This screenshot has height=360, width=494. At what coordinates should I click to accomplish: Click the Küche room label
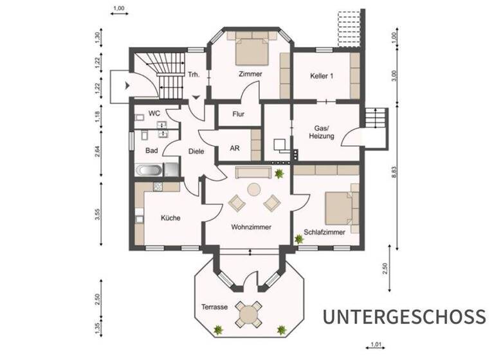click(170, 218)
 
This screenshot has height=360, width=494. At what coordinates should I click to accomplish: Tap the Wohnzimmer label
click(252, 227)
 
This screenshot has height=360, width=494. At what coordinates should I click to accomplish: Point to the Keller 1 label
click(322, 75)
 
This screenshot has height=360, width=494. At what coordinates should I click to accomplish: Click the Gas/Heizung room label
click(320, 131)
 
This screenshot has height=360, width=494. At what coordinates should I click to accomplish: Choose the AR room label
click(235, 148)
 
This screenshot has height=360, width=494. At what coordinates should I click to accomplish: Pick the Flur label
click(237, 116)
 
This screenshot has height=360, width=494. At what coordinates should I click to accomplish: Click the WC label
click(154, 113)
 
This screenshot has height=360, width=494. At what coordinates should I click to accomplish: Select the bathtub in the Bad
click(149, 171)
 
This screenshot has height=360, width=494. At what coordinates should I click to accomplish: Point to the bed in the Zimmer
click(250, 48)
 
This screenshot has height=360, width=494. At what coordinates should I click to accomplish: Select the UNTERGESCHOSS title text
click(404, 317)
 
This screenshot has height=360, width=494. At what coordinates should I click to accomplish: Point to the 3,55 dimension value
click(97, 215)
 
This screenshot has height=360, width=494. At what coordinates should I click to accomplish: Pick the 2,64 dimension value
click(97, 152)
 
